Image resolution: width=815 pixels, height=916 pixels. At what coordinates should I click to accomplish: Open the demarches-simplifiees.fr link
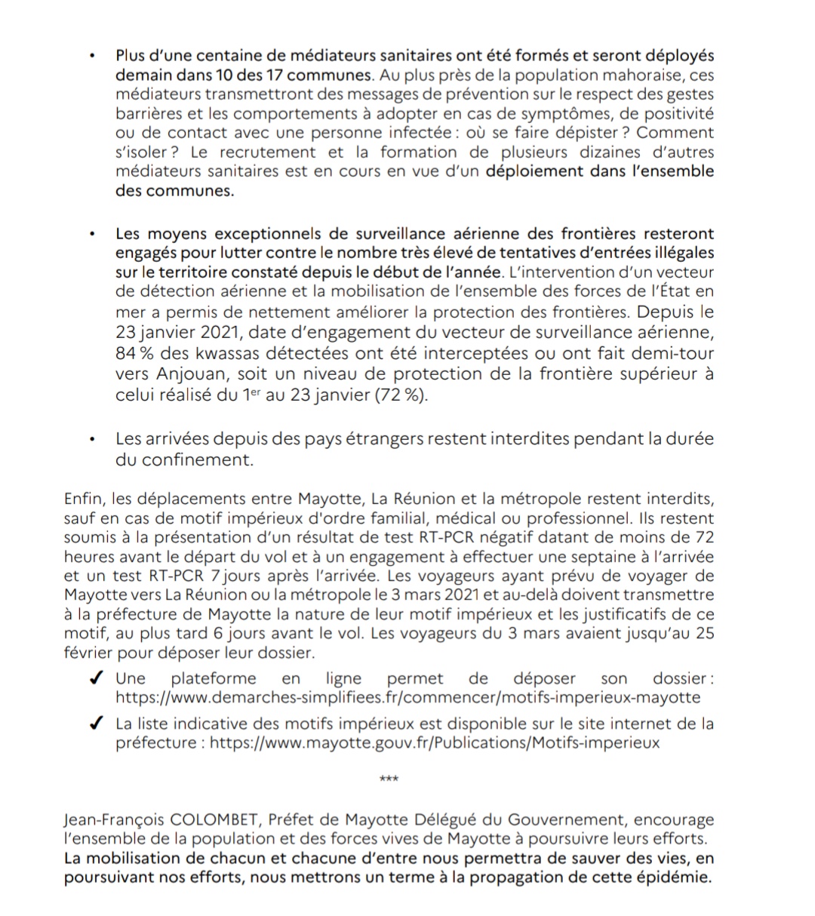tap(407, 697)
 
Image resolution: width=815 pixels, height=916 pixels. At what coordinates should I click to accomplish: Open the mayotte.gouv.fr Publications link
tap(434, 742)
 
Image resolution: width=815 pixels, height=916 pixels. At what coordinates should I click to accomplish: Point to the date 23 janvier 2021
tap(177, 333)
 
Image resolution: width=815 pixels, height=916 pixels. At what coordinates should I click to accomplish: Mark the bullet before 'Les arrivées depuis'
tap(91, 438)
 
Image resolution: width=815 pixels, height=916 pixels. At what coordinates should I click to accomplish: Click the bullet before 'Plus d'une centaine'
tap(91, 57)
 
